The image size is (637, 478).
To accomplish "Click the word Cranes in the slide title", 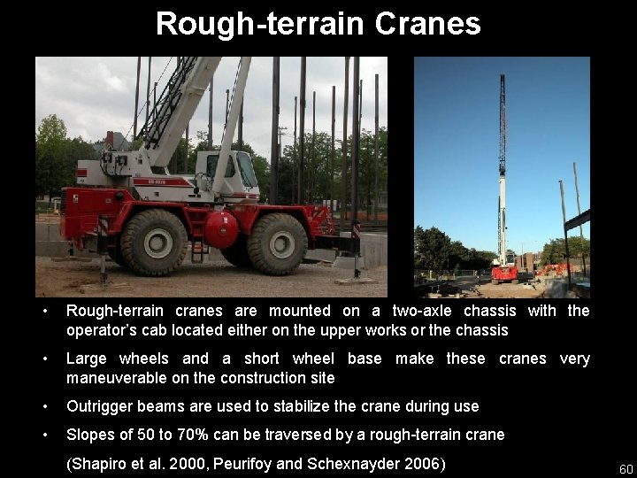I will pos(427,24).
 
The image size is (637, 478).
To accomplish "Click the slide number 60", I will pos(625,468).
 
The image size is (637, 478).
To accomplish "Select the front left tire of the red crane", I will pos(154,242).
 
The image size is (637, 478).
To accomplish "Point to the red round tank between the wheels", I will pos(220,230).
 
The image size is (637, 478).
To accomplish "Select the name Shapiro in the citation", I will pos(103,464).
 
